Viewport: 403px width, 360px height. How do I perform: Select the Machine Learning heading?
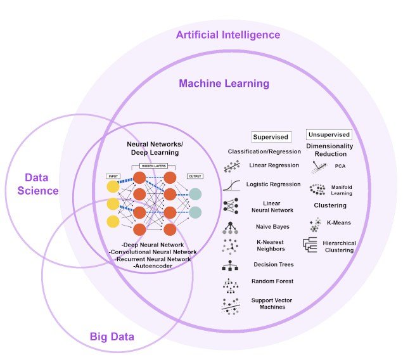[x=224, y=83]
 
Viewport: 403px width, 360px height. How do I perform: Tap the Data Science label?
[x=42, y=184]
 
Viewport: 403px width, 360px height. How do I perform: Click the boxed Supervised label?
[x=271, y=136]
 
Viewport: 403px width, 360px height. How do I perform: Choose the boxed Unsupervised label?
[x=329, y=135]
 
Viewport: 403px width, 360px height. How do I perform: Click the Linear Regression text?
[x=274, y=165]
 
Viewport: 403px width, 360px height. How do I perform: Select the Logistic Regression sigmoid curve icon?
[x=232, y=186]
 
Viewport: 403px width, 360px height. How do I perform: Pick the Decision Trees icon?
[x=231, y=265]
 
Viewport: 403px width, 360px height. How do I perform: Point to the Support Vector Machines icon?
[x=231, y=304]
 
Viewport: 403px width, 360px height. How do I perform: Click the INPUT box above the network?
[x=113, y=176]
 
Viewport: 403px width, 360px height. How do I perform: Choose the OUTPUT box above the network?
[x=195, y=176]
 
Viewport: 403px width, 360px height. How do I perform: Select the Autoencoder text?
[x=150, y=266]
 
